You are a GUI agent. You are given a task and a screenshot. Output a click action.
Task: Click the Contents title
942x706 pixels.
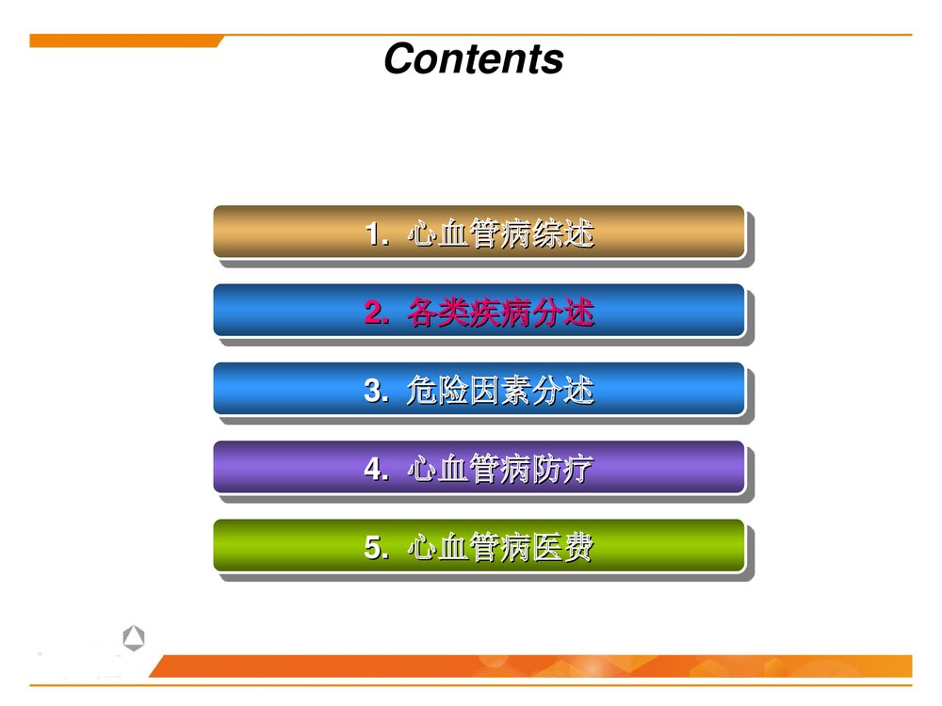click(x=473, y=58)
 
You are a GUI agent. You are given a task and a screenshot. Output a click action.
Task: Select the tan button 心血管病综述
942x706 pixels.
click(x=479, y=232)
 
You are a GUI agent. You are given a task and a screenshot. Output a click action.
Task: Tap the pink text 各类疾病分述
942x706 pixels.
click(x=500, y=312)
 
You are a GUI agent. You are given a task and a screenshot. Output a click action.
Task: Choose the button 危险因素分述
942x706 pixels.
click(x=479, y=389)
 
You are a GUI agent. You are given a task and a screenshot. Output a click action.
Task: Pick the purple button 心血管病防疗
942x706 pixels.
click(x=479, y=467)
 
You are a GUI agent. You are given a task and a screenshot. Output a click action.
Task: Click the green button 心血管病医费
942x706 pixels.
click(x=479, y=546)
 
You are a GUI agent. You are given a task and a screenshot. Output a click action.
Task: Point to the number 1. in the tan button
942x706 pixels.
click(x=377, y=233)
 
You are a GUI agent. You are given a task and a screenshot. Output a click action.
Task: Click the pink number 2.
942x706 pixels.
click(x=377, y=313)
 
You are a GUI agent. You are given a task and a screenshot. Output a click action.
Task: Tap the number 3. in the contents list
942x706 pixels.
click(x=377, y=391)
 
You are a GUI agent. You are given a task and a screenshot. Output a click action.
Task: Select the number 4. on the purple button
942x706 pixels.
click(x=377, y=469)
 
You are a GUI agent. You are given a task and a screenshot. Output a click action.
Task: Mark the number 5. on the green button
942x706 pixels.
click(x=377, y=547)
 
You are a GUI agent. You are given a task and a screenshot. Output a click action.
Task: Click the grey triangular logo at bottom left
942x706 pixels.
click(x=134, y=639)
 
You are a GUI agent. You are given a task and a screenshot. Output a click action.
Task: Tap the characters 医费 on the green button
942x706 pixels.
click(x=562, y=547)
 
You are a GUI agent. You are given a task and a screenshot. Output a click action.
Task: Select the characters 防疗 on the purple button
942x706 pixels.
click(x=562, y=468)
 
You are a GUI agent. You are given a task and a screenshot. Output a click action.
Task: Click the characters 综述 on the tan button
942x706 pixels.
click(x=562, y=233)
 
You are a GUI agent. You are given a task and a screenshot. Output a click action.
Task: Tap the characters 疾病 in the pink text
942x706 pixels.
click(x=500, y=312)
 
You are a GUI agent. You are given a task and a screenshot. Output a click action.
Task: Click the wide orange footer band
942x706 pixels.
click(x=532, y=666)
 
